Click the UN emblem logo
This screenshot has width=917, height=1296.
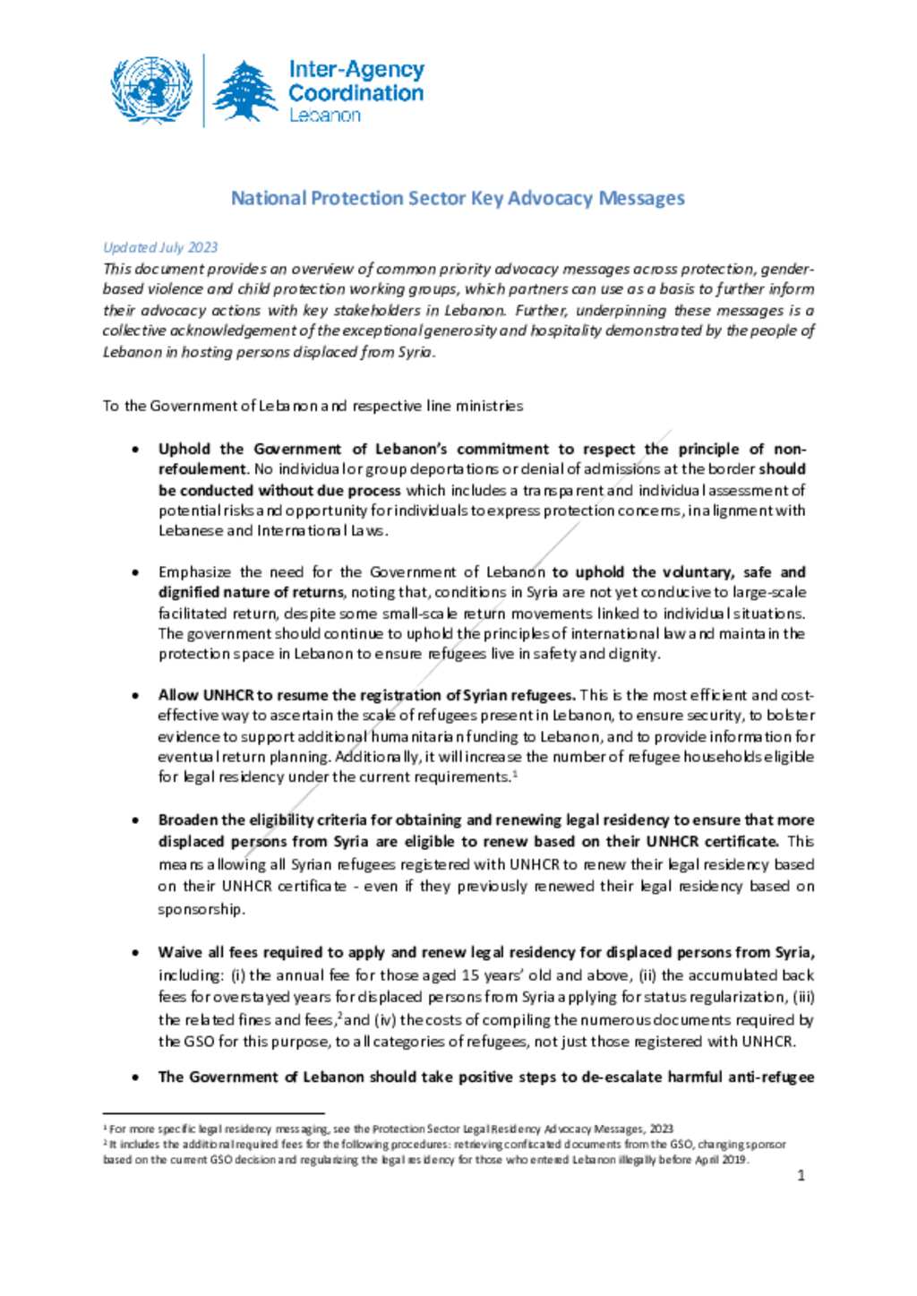[151, 90]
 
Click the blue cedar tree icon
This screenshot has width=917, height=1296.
[245, 91]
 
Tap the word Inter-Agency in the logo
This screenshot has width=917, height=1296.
[356, 69]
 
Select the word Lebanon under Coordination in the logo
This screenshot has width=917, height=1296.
[324, 116]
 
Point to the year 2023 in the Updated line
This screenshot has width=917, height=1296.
[202, 247]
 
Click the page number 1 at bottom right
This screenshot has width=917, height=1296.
[801, 1175]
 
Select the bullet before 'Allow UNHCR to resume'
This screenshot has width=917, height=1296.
[135, 696]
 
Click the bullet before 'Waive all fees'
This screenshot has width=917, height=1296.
[135, 953]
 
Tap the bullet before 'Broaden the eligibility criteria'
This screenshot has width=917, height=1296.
[135, 820]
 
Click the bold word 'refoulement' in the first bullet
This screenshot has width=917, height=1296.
[201, 469]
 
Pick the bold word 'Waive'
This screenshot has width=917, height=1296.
[180, 952]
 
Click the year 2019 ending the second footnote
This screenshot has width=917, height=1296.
[733, 1160]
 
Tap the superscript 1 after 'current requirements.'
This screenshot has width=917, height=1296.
[514, 773]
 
